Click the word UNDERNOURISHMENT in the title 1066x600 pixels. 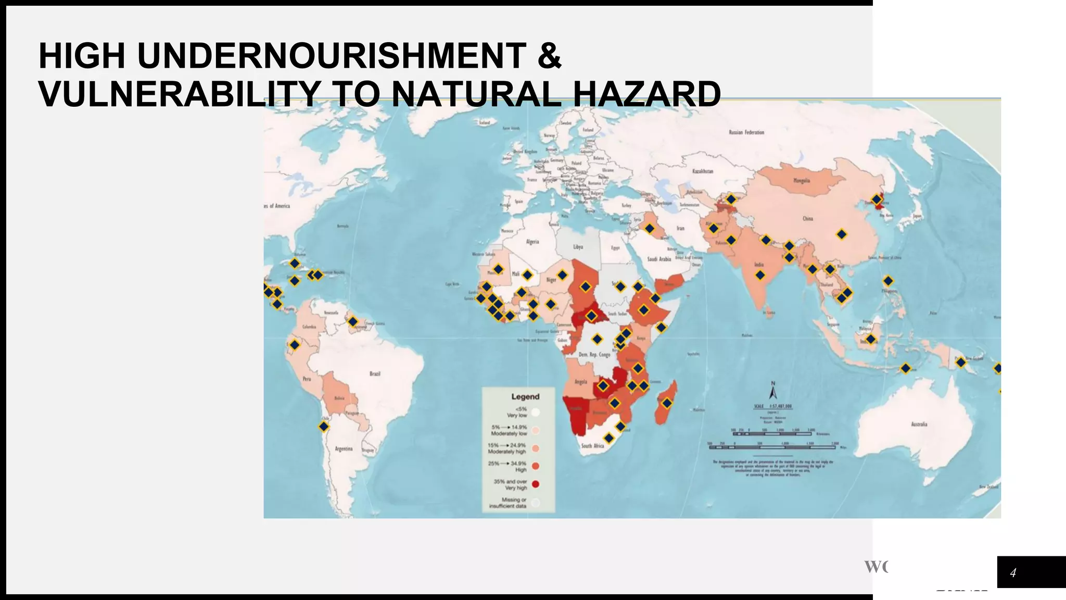332,56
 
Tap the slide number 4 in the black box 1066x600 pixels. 1013,573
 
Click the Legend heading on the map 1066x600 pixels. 525,396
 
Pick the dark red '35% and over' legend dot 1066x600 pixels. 536,484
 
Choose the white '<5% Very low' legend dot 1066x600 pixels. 536,412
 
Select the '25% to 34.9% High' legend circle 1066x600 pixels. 536,466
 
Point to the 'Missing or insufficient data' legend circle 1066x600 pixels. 536,503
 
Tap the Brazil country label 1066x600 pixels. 375,374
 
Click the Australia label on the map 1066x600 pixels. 919,424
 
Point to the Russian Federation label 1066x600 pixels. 746,132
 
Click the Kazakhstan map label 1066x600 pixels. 703,171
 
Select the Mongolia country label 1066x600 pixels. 801,181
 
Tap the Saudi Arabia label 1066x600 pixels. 659,259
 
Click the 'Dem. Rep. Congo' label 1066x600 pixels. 594,355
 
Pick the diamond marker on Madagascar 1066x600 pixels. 667,403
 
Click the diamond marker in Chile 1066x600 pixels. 324,427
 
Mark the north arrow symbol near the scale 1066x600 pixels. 773,391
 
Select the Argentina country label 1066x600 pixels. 344,448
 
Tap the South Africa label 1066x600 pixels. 592,446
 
